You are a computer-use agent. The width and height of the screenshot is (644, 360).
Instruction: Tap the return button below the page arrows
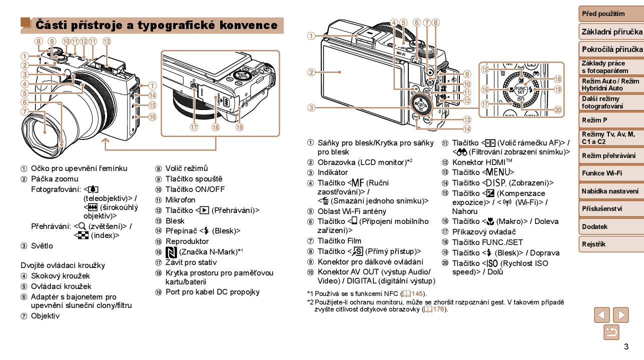tap(611, 332)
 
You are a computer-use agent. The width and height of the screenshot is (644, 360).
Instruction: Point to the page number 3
tap(625, 347)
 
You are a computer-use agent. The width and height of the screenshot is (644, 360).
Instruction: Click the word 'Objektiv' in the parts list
tap(45, 316)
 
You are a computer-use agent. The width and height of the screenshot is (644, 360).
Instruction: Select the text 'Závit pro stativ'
tap(191, 262)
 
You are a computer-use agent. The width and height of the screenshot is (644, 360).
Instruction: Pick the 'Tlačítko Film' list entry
tap(339, 241)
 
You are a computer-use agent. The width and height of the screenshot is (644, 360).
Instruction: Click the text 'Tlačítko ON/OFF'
tap(195, 189)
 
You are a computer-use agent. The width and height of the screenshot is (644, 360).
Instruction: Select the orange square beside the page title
tap(26, 23)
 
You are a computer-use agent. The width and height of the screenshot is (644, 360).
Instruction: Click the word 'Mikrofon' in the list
tap(181, 199)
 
